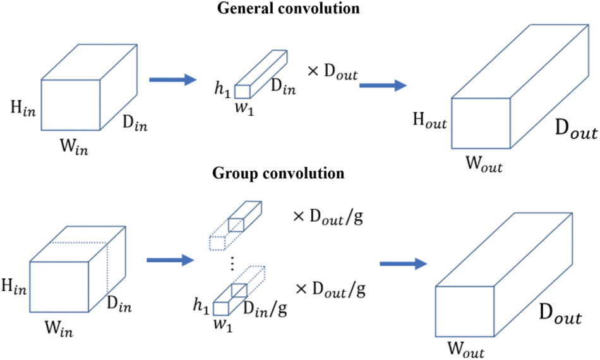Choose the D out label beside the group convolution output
pos(561,316)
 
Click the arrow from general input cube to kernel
pos(172,80)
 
